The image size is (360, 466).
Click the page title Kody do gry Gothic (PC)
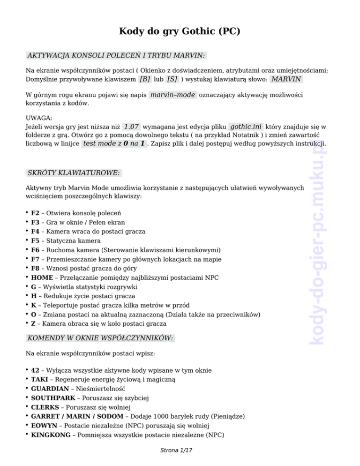point(180,32)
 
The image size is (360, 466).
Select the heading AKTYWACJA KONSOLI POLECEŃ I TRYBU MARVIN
point(116,55)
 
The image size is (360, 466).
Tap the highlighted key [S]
point(172,79)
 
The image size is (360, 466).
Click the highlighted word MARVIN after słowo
point(286,79)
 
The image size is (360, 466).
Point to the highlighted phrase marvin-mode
point(172,95)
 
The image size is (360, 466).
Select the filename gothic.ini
point(246,127)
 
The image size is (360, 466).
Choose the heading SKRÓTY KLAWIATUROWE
point(74,173)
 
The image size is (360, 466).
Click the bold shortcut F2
point(35,213)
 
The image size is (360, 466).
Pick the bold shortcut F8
point(35,269)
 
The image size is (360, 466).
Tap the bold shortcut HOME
point(42,278)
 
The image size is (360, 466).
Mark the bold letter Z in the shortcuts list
point(33,323)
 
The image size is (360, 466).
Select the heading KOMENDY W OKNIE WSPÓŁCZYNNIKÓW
point(100,338)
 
